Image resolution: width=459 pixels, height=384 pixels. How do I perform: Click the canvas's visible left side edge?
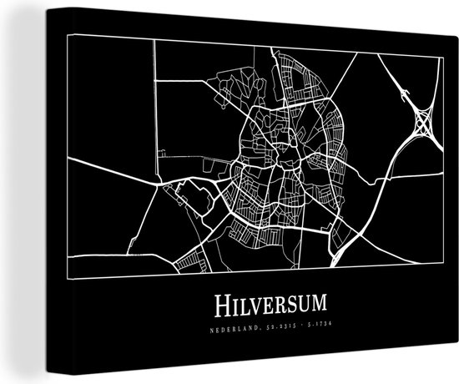pos(18,184)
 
